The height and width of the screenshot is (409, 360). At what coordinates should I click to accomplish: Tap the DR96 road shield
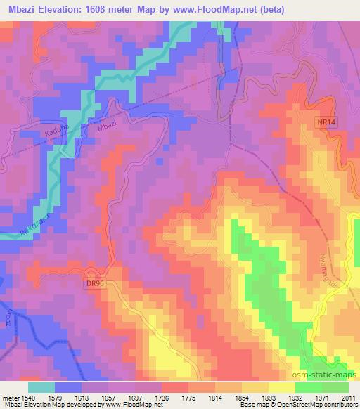[95, 283]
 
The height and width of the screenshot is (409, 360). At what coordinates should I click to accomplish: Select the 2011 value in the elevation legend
[348, 397]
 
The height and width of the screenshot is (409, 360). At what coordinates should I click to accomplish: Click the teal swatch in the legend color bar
[41, 387]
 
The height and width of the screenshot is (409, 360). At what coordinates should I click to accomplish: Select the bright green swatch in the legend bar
[308, 387]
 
